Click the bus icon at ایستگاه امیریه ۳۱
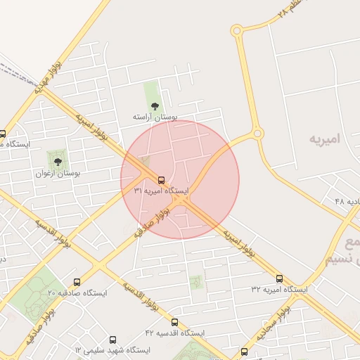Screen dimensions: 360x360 pos(162,181)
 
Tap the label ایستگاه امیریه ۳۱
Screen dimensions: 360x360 pos(161,191)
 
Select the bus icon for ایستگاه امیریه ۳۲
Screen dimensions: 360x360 pos(279,279)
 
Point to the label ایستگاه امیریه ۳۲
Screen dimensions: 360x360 pos(279,289)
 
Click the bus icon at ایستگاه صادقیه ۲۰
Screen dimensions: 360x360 pos(77,282)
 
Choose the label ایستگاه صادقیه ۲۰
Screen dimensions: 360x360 pos(76,292)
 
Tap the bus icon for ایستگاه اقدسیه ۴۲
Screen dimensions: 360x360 pos(174,322)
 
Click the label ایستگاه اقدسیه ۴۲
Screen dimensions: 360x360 pos(174,332)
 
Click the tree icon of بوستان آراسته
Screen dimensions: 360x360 pos(155,106)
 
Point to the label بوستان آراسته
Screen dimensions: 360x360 pos(155,117)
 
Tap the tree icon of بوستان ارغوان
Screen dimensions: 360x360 pos(58,162)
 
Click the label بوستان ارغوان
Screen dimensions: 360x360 pos(58,172)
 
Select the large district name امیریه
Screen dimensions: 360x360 pos(324,139)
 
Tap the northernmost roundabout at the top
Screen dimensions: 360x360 pos(236,30)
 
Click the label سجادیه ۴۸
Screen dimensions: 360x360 pos(345,202)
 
